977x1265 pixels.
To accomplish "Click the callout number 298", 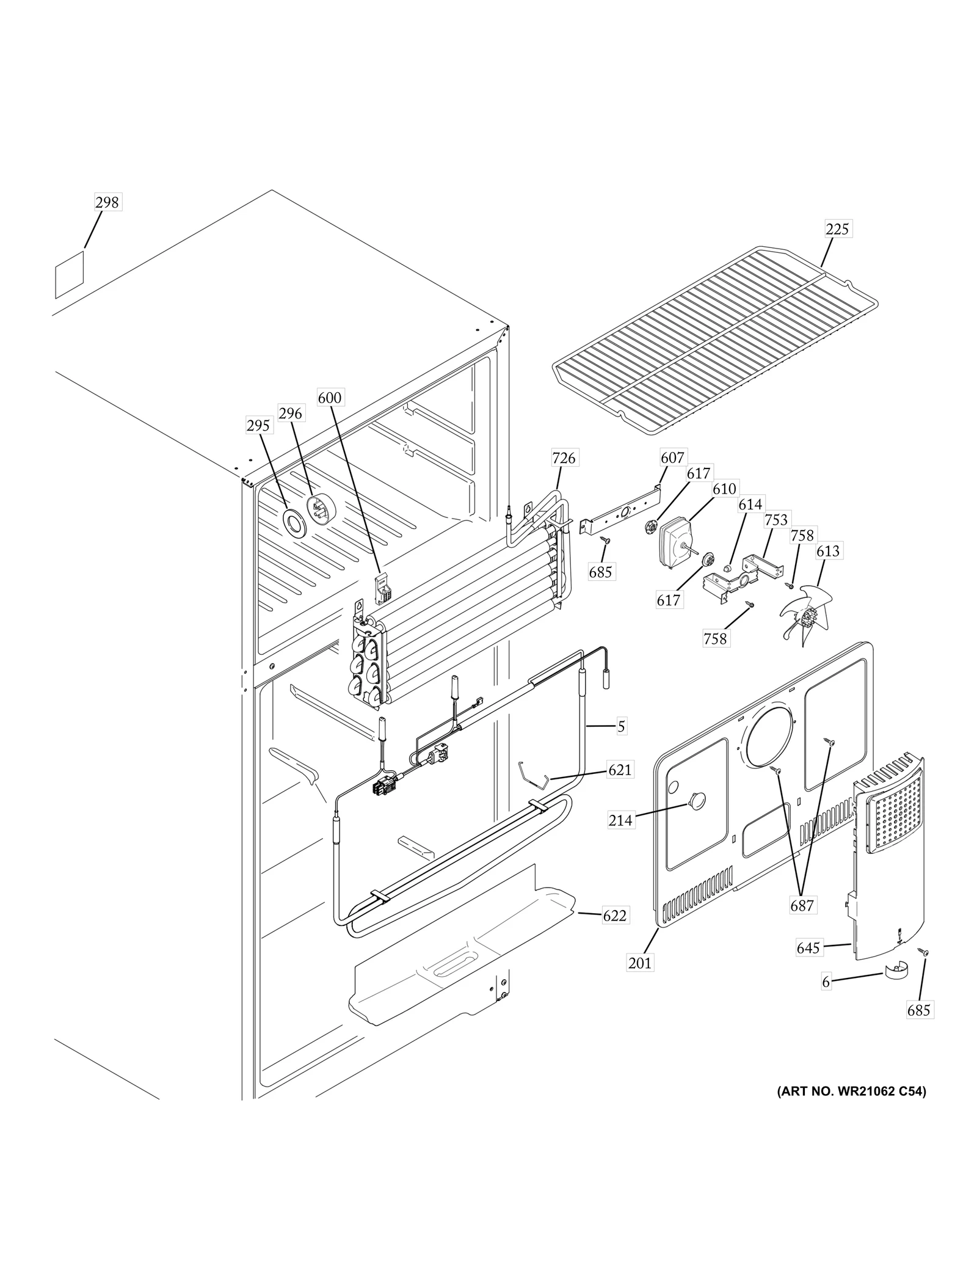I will (x=107, y=202).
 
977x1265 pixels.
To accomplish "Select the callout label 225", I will (x=837, y=229).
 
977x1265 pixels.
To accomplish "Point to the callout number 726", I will (x=564, y=458).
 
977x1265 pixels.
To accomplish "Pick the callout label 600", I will (x=330, y=398).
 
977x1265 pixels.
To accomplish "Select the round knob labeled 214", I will (x=696, y=800).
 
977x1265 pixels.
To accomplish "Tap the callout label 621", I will (x=620, y=770).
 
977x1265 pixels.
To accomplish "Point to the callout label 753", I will (x=776, y=520).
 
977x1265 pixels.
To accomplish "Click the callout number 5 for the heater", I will (x=621, y=726).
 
